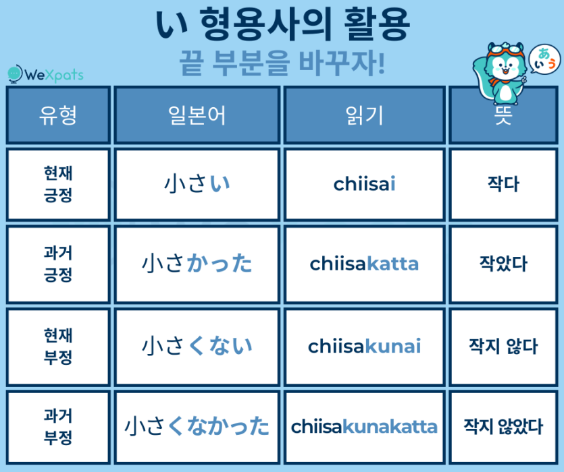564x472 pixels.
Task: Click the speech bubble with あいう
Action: point(544,60)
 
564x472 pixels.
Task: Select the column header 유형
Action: point(58,115)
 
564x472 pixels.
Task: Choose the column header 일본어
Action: point(197,115)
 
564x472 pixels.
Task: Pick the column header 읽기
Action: point(365,115)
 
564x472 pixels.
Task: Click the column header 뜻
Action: point(503,115)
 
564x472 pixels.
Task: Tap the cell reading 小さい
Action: point(197,184)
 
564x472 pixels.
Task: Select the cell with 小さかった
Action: point(197,263)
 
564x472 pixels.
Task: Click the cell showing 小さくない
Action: point(197,347)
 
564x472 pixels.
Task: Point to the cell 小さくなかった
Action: point(197,426)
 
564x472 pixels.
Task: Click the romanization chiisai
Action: point(365,184)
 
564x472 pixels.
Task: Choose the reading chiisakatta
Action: point(365,263)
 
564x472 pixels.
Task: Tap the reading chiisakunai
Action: point(365,347)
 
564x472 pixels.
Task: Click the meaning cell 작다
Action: point(503,184)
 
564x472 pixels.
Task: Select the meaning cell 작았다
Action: point(503,263)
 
